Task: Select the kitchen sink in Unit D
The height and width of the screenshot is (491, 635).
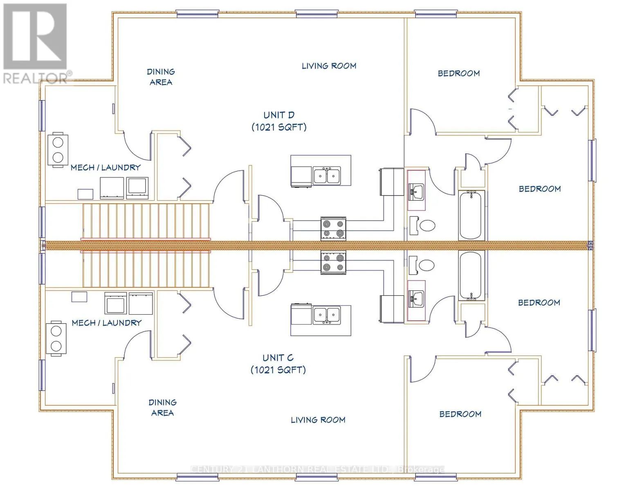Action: coord(326,176)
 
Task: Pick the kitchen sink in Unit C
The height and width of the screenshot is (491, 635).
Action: coord(326,315)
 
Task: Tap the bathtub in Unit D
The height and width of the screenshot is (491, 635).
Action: coord(471,215)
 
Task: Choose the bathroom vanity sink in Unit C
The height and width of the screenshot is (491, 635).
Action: coord(416,299)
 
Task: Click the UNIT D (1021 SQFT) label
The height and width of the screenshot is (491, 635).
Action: coord(279,121)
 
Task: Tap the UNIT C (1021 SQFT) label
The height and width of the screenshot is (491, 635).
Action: coord(278,364)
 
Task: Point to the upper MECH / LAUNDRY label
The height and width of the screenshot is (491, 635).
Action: coord(105,167)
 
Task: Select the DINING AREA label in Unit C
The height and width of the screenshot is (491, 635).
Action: coord(162,408)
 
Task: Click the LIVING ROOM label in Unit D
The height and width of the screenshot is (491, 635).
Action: coord(329,66)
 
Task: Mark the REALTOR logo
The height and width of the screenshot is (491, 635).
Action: coord(35,43)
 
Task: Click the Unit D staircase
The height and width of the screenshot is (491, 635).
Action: coord(146,221)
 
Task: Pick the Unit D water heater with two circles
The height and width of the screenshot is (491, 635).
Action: coord(58,150)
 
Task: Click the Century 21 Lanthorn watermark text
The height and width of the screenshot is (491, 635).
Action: coord(317,469)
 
